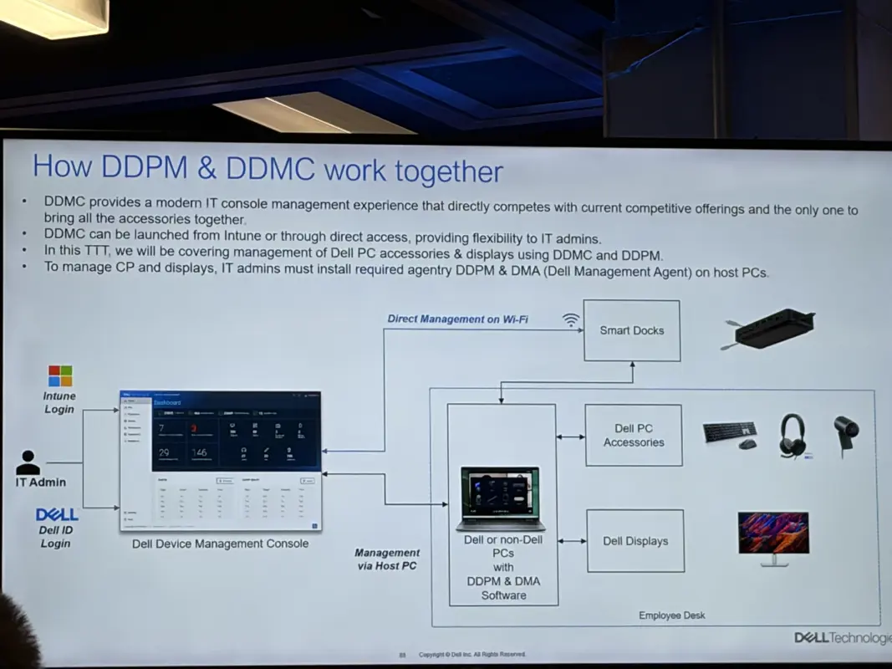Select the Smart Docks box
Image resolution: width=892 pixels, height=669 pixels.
click(x=631, y=330)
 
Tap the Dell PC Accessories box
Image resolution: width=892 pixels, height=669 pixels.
click(x=633, y=435)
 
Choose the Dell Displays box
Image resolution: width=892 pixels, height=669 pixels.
click(x=635, y=541)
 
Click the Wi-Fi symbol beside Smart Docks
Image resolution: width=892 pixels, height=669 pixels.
click(x=571, y=319)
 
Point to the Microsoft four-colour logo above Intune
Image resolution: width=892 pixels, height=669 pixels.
click(x=60, y=375)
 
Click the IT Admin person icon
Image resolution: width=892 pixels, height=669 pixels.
click(x=28, y=462)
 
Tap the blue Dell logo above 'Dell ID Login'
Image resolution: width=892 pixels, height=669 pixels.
click(x=57, y=514)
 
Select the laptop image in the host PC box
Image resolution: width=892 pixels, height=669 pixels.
click(x=501, y=498)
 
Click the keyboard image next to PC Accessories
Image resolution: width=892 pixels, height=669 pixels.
click(x=729, y=434)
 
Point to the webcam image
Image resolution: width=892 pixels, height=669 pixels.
click(x=846, y=433)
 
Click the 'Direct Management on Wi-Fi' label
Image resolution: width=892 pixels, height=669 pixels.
click(x=457, y=319)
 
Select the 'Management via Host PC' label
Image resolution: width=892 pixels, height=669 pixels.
click(x=386, y=559)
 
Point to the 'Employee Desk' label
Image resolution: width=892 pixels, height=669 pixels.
click(x=671, y=615)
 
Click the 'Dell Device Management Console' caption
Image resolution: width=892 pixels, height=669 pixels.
click(x=220, y=544)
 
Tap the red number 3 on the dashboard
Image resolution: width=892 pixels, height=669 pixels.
click(x=193, y=429)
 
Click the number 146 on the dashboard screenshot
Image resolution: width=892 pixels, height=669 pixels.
click(x=200, y=452)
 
